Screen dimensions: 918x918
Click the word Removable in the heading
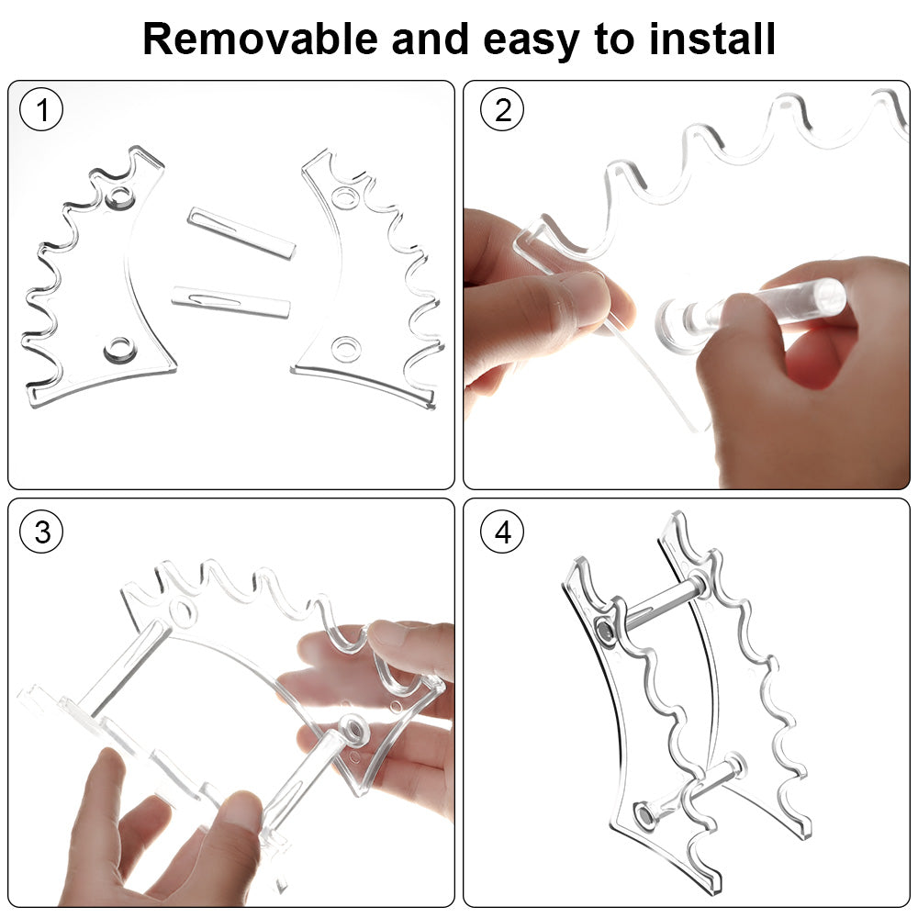coord(261,39)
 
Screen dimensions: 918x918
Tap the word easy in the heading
coord(532,42)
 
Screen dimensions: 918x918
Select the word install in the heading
coord(712,39)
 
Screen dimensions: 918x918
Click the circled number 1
coord(41,109)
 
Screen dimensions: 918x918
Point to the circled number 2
coord(502,109)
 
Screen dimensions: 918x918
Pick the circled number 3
coord(41,532)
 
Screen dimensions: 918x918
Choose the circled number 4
coord(502,532)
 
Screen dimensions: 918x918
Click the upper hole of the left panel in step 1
coord(120,197)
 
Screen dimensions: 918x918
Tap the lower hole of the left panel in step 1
coord(119,350)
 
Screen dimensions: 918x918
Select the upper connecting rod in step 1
coord(241,232)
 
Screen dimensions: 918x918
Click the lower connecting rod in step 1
coord(230,301)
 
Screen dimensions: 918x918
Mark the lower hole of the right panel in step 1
coord(345,349)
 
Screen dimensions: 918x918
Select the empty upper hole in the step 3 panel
coord(181,611)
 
